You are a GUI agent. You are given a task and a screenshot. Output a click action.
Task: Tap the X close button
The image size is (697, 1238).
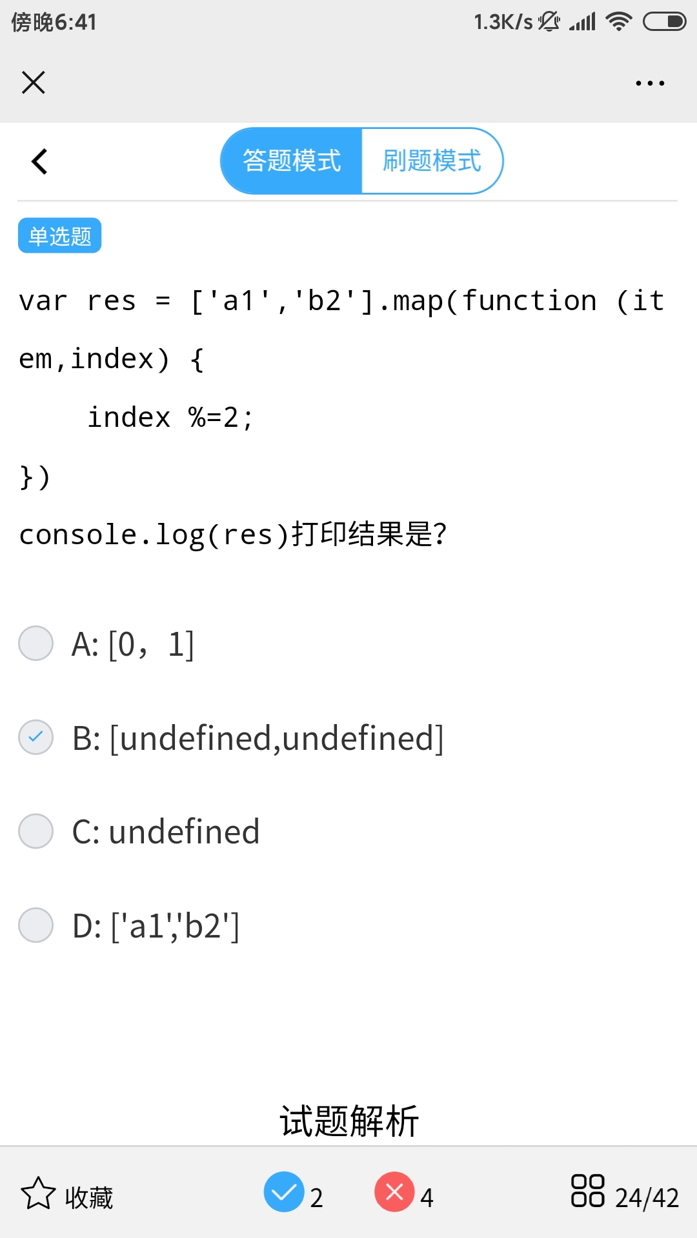(34, 83)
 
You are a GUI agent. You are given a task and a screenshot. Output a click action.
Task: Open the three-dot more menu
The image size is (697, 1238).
(650, 83)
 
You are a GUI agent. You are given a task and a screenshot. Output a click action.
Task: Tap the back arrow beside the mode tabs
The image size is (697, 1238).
(39, 161)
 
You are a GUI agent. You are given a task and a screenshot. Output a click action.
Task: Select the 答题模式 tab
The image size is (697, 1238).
(292, 161)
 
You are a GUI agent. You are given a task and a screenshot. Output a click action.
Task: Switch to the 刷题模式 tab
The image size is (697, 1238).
(432, 161)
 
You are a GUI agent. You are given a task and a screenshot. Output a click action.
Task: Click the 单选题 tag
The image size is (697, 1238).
(59, 236)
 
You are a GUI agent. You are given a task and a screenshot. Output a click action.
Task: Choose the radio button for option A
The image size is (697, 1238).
(36, 644)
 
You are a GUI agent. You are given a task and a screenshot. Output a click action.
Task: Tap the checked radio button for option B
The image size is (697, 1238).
(36, 737)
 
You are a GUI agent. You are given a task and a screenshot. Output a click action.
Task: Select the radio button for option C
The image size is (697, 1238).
(36, 831)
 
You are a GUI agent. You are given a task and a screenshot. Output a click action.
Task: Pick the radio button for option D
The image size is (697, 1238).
(36, 925)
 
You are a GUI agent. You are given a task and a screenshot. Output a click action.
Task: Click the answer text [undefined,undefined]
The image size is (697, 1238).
(277, 738)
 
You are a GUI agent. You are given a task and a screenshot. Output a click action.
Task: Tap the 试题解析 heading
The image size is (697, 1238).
(348, 1121)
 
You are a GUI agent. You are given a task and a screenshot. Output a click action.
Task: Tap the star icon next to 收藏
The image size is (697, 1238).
(38, 1194)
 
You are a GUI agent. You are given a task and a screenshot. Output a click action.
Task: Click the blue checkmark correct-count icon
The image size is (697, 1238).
(284, 1192)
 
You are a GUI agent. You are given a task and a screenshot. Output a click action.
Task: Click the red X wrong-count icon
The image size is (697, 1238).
(394, 1192)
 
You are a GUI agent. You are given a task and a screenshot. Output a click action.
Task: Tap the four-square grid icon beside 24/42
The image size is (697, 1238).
(587, 1191)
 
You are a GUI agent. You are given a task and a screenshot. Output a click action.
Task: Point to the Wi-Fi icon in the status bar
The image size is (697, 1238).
(619, 22)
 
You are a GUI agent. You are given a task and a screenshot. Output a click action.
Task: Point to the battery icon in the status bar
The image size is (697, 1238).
(664, 22)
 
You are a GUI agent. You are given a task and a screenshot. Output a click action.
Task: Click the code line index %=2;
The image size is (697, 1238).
(170, 418)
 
